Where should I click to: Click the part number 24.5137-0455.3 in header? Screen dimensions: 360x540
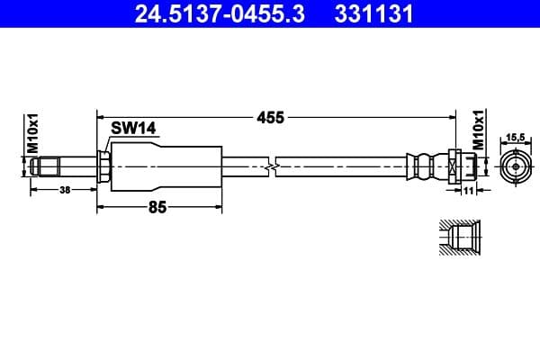pyautogui.click(x=209, y=13)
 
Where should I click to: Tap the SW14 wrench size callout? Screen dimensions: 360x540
pyautogui.click(x=134, y=129)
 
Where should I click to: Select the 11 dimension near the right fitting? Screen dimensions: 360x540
pyautogui.click(x=469, y=190)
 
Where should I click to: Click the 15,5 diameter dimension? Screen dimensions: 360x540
pyautogui.click(x=515, y=138)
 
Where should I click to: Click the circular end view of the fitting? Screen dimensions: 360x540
pyautogui.click(x=514, y=166)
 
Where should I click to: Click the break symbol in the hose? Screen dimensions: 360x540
pyautogui.click(x=269, y=166)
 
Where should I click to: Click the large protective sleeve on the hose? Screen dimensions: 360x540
pyautogui.click(x=166, y=166)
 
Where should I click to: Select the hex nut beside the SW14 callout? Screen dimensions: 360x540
pyautogui.click(x=104, y=166)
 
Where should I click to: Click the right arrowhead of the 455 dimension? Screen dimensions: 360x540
pyautogui.click(x=450, y=117)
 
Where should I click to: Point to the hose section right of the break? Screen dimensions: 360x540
pyautogui.click(x=342, y=166)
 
